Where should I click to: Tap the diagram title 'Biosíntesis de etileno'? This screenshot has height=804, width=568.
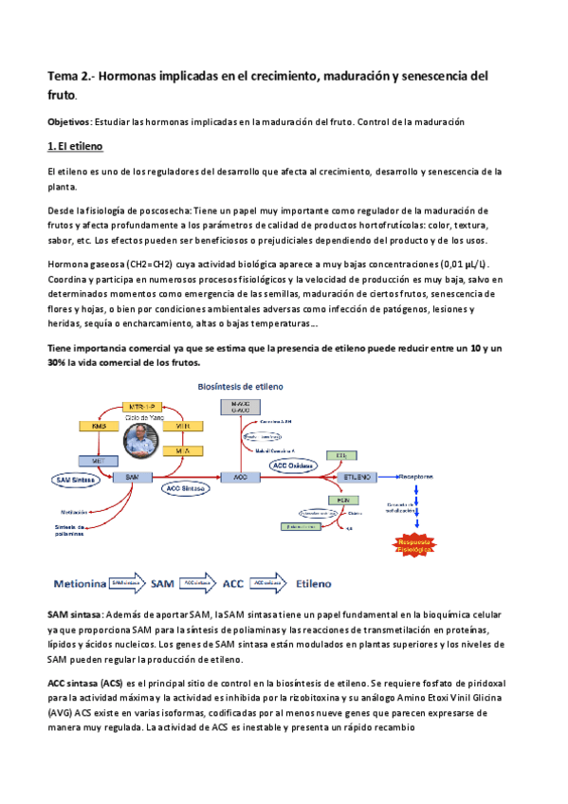[239, 387]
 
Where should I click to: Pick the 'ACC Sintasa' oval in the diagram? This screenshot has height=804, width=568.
[185, 489]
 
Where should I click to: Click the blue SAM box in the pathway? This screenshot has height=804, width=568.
[132, 476]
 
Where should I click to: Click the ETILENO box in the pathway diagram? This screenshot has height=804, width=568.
[356, 476]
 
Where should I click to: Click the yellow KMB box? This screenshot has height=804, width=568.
[84, 426]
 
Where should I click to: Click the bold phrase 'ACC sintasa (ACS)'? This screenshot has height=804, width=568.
[85, 683]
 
